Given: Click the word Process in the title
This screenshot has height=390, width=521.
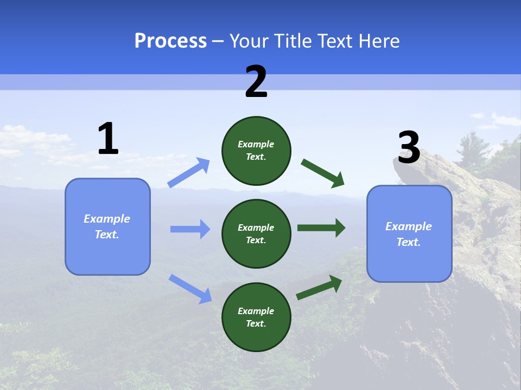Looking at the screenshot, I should coord(170,41).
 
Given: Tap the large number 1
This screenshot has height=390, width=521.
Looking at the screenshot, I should coord(108,139).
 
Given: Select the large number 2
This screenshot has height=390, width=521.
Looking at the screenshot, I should coord(256,82).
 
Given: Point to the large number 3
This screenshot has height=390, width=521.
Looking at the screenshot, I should coord(409,148).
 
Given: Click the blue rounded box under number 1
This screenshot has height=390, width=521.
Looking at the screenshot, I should coord(107,226).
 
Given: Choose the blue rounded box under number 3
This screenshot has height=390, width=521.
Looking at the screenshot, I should coord(409,234).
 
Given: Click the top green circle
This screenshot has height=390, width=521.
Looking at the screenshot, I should coord(256,151).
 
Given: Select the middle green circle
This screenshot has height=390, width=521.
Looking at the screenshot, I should coord(256,234).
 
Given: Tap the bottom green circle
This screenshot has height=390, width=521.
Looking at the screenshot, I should coord(256,317).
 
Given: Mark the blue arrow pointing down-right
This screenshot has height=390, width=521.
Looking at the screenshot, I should coord(190,289).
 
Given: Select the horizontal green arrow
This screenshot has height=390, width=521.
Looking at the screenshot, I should coord(321,228).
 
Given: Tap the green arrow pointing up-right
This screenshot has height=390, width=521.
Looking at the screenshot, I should coord(319,288).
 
